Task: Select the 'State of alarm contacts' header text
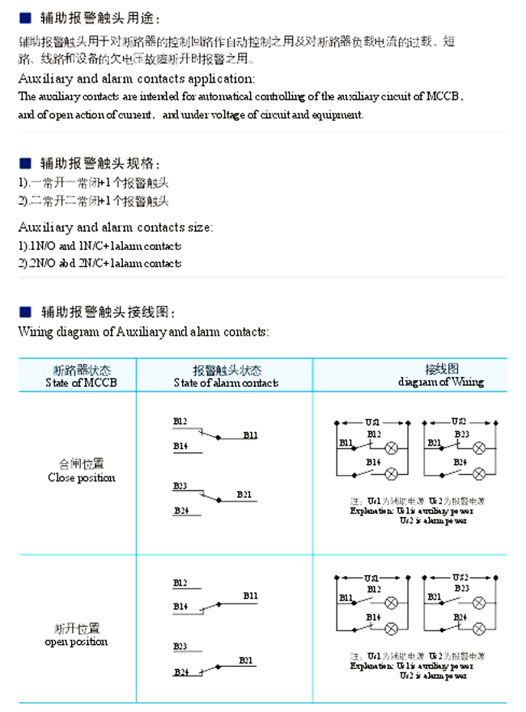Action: coord(226,383)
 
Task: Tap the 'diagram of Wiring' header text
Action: coord(441,382)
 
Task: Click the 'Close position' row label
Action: coord(81,477)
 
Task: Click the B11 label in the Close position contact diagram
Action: coord(250,435)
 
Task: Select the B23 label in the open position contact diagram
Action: coord(180,646)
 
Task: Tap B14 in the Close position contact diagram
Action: coord(180,446)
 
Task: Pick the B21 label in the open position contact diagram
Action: coord(245,661)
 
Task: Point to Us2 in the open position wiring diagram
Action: coord(458,578)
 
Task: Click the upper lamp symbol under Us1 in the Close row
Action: coord(392,447)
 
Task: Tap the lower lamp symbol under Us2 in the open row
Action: coord(477,629)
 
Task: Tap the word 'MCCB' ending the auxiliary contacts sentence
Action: coord(447,96)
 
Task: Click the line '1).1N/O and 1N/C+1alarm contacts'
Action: coord(100,246)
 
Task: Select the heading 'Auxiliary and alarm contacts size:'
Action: coord(116,227)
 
